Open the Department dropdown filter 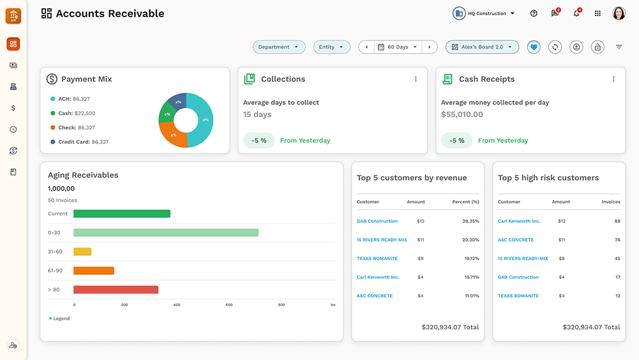[278, 47]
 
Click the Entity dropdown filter [331, 47]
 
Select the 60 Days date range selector [397, 47]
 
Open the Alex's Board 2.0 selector [482, 47]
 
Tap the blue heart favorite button [534, 47]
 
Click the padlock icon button [597, 47]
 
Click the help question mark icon [534, 13]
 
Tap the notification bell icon [576, 13]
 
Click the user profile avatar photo [619, 13]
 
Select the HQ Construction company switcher [484, 13]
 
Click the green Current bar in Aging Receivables [121, 214]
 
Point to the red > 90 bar [116, 290]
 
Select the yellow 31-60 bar [82, 252]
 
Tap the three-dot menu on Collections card [416, 79]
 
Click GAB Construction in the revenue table [377, 221]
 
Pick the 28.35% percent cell [470, 221]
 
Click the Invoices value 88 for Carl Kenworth [617, 221]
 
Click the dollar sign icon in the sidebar [13, 108]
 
